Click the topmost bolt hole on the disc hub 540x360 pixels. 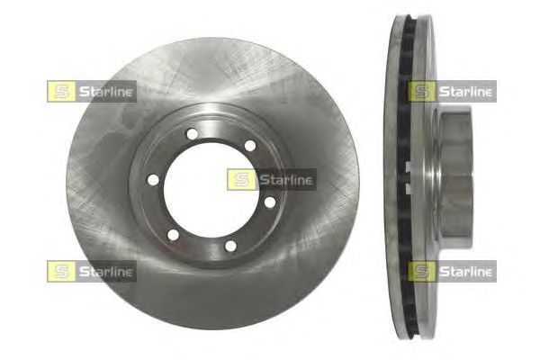[193, 134]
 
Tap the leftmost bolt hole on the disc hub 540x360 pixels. [153, 179]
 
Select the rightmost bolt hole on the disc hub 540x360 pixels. [270, 202]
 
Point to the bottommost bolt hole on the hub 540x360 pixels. [230, 246]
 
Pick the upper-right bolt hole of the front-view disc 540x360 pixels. [250, 146]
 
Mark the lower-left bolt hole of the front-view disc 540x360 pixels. [173, 235]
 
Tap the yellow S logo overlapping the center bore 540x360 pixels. [241, 180]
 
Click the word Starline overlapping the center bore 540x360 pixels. [286, 180]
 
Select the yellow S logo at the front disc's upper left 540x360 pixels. [61, 91]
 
